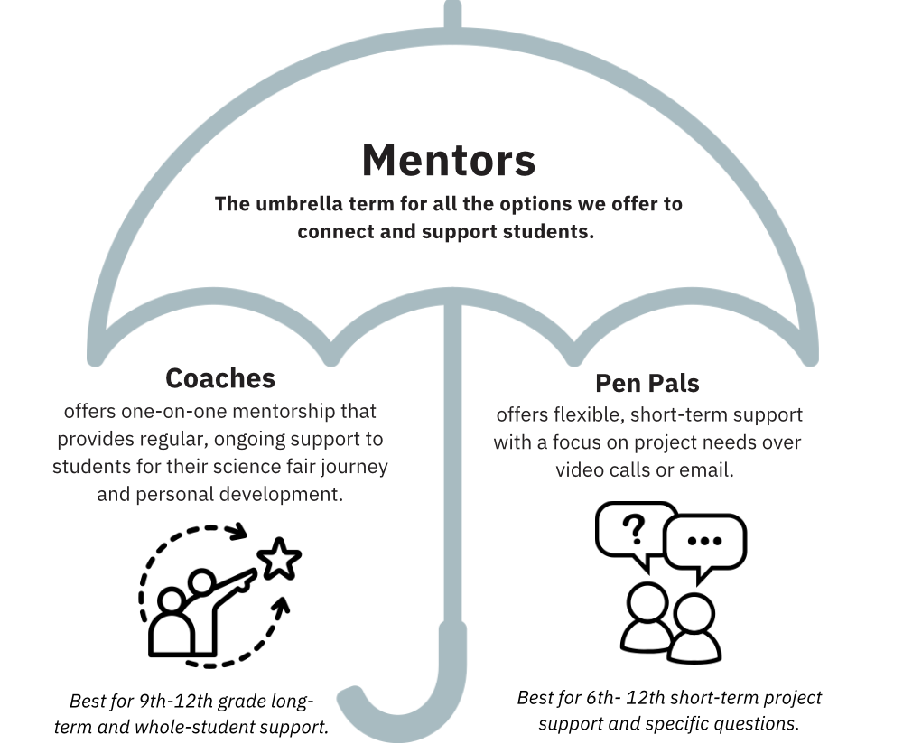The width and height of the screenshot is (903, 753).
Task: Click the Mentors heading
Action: [x=449, y=161]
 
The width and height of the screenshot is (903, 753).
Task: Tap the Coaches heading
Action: [x=220, y=376]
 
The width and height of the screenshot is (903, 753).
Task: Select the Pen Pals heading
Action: [x=647, y=383]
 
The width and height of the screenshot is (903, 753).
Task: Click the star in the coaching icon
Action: [x=279, y=561]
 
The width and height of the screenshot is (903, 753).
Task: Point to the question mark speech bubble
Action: [x=636, y=531]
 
